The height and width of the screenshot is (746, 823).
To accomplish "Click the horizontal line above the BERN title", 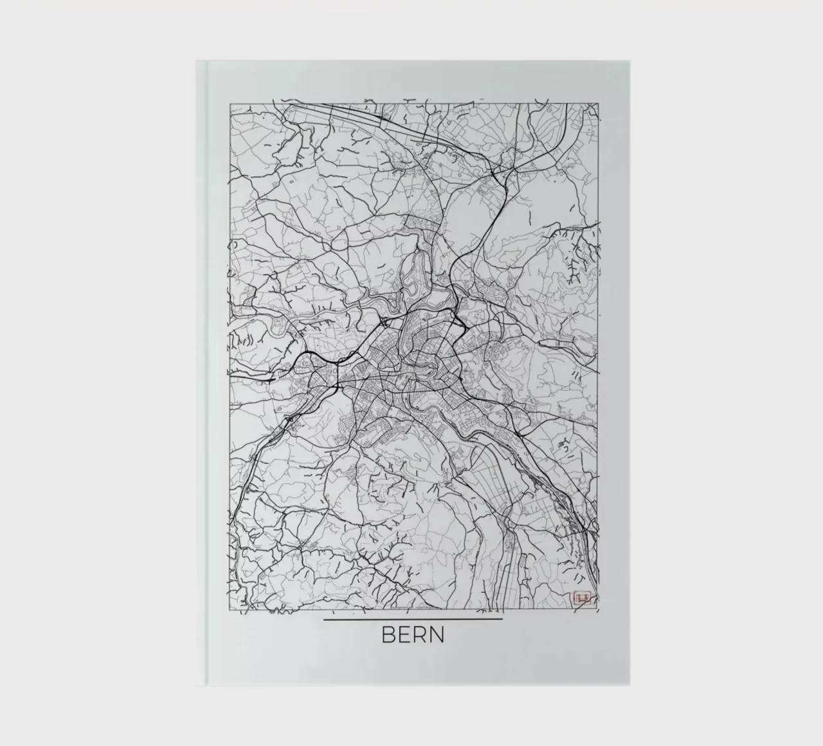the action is click(x=413, y=619).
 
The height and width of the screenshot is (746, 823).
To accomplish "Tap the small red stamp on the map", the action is click(x=581, y=598).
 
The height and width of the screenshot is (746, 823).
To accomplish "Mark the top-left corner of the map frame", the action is click(x=230, y=102).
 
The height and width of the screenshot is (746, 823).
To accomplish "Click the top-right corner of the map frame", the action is click(x=600, y=102).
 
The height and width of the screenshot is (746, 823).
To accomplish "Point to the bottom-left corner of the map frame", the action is click(x=230, y=609).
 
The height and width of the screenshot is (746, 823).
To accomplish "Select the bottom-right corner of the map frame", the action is click(x=600, y=609).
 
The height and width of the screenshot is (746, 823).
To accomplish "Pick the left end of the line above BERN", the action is click(x=325, y=619).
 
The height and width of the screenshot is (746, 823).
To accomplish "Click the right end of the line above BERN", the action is click(x=502, y=619).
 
